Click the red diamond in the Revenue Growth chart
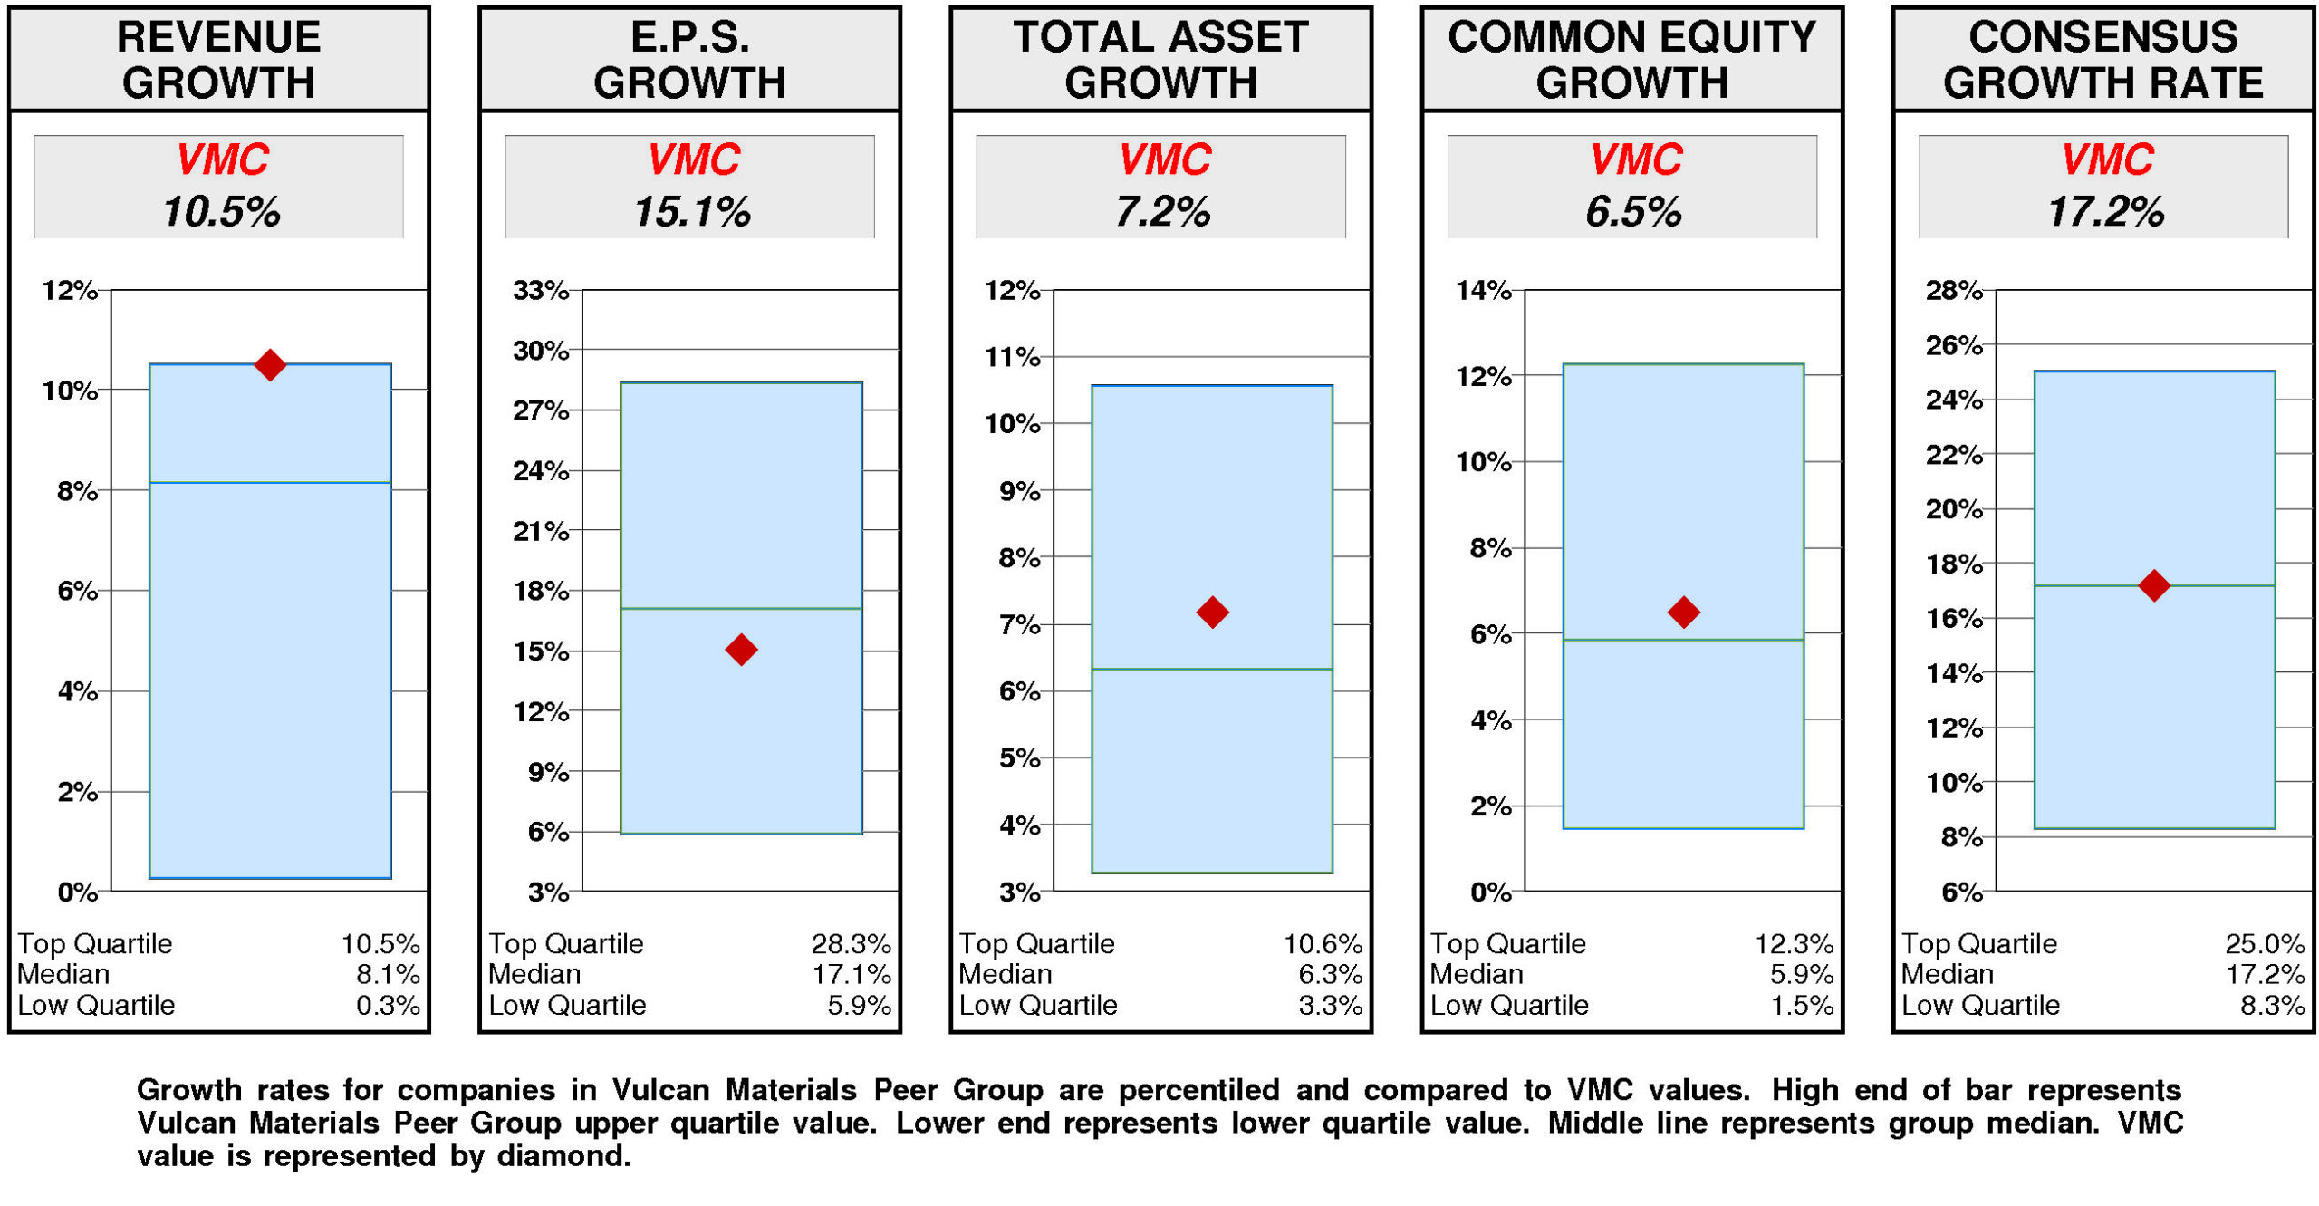tap(269, 364)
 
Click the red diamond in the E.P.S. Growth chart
tap(740, 649)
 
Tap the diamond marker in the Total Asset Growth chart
tap(1211, 612)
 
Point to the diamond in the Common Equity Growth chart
tap(1682, 612)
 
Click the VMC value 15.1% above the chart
tap(691, 212)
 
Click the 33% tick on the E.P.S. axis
tap(540, 290)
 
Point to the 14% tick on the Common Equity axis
tap(1482, 290)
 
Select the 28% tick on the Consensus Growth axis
tap(1953, 290)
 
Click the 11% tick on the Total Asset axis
tap(1012, 357)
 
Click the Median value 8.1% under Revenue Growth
tap(387, 974)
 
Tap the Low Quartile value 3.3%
tap(1329, 1005)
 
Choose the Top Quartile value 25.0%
tap(2264, 943)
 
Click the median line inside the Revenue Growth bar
tap(269, 482)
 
